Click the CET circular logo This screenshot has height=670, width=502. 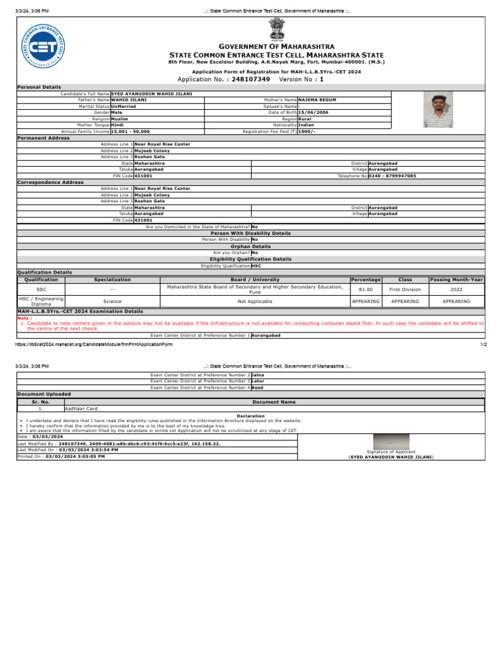42,48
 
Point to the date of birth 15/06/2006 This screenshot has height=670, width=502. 312,112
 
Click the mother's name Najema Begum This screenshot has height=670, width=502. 318,100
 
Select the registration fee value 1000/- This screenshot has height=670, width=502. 307,131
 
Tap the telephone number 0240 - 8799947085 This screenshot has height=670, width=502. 392,176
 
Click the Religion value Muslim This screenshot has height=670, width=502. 120,118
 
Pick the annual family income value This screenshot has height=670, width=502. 131,131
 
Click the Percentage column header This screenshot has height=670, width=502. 365,279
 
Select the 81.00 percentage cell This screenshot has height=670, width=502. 365,289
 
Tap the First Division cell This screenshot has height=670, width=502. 405,289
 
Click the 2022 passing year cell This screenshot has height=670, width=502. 456,289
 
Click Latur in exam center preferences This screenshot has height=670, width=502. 259,381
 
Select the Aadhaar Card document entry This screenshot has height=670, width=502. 82,408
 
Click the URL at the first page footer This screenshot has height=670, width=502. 94,344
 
